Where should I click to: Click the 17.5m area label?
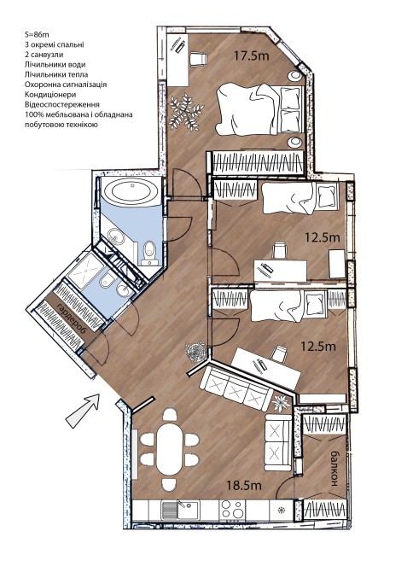click(x=252, y=55)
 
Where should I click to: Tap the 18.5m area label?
click(x=244, y=486)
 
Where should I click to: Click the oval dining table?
click(x=170, y=449)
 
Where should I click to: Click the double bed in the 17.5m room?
click(x=260, y=109)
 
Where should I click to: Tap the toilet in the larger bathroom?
click(x=150, y=252)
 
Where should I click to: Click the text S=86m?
click(x=37, y=35)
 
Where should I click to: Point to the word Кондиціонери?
click(x=50, y=95)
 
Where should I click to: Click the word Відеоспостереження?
click(x=62, y=104)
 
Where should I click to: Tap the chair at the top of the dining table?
click(x=170, y=414)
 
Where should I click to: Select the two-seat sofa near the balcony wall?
click(x=278, y=442)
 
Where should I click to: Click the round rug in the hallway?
click(x=196, y=352)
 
